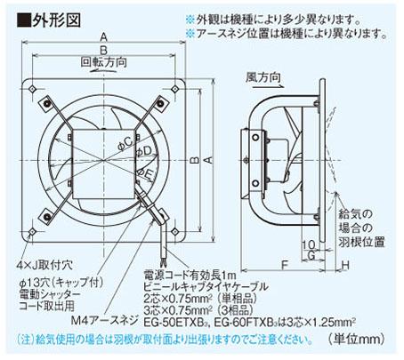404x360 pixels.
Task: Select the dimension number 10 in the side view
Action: (x=306, y=243)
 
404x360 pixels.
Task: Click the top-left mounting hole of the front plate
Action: (x=33, y=89)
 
